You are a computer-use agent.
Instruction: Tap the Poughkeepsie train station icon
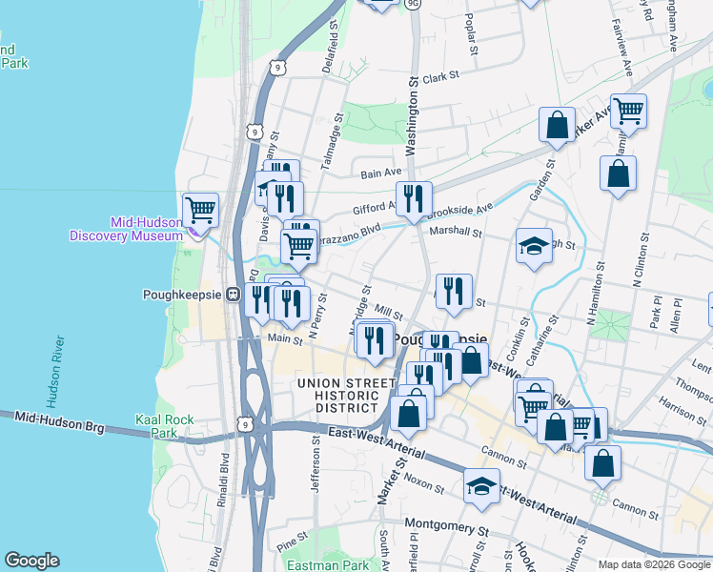233,296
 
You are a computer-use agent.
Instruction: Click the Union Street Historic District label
345,396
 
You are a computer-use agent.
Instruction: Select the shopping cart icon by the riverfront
200,208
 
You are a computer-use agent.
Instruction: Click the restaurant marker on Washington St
413,198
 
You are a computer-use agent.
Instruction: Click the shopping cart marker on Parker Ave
628,111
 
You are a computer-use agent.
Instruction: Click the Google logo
31,561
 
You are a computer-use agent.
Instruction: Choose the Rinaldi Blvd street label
226,477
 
